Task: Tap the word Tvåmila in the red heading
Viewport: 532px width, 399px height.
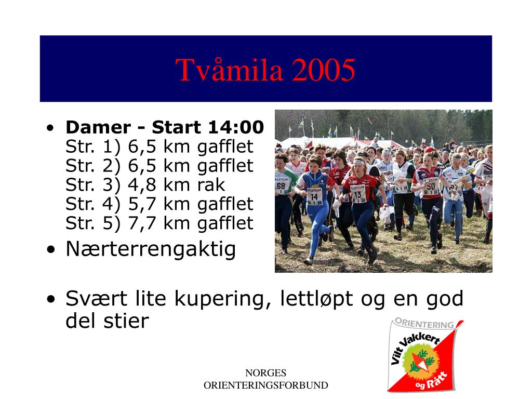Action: point(229,70)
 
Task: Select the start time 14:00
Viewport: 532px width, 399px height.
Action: point(236,127)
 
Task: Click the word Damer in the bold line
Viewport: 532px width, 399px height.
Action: point(98,127)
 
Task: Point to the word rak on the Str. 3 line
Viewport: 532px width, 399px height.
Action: point(211,185)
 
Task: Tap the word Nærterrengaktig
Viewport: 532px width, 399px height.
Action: point(151,250)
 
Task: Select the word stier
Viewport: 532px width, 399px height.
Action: point(126,321)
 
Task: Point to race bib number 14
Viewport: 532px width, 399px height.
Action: point(314,197)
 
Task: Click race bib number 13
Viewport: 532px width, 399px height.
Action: point(357,195)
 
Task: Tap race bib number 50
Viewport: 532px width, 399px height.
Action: point(431,187)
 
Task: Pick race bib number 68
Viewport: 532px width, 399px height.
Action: point(281,186)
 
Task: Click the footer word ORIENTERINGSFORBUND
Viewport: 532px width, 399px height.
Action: point(265,385)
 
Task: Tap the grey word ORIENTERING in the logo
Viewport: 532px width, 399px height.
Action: point(424,323)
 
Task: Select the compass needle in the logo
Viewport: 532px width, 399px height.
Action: point(420,362)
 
